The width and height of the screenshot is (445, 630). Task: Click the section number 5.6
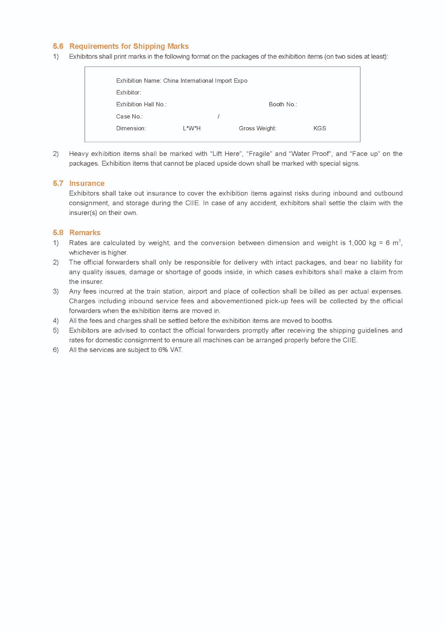(x=58, y=46)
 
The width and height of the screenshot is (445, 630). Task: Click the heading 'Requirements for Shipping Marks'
(x=129, y=46)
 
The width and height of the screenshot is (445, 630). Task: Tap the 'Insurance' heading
(x=87, y=183)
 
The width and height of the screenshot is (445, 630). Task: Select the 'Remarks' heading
(x=85, y=233)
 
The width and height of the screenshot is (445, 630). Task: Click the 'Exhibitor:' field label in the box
(x=128, y=93)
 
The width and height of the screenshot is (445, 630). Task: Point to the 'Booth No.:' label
(x=283, y=104)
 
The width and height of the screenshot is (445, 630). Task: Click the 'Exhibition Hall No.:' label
(x=141, y=104)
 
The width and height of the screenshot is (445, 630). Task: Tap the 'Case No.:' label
(x=129, y=117)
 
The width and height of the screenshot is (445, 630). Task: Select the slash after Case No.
(x=218, y=117)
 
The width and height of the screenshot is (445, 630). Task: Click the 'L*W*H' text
(x=192, y=128)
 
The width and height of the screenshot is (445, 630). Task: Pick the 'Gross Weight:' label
(x=257, y=128)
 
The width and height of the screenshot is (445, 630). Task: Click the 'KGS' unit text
(x=319, y=128)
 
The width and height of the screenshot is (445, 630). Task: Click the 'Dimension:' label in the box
(x=131, y=128)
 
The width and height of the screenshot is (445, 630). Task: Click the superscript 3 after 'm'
(x=399, y=241)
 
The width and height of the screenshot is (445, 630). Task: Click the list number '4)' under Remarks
(x=55, y=321)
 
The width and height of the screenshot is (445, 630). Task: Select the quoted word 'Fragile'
(x=259, y=154)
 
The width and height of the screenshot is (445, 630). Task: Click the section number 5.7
(x=58, y=183)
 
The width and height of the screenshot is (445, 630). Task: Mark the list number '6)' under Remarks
(x=55, y=350)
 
